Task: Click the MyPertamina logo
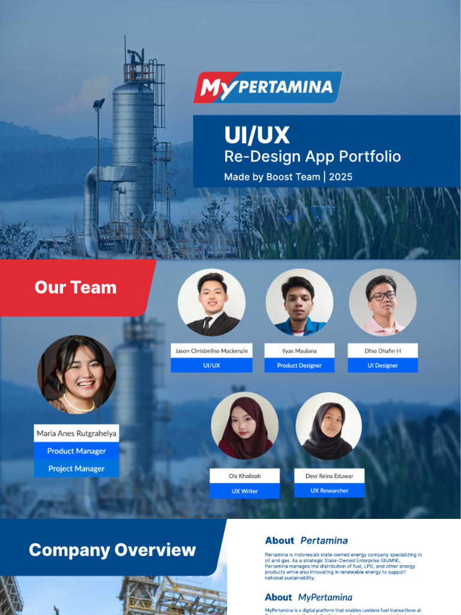[x=267, y=88]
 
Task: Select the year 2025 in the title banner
[x=340, y=177]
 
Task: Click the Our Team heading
[x=76, y=287]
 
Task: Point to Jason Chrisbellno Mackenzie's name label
[x=211, y=351]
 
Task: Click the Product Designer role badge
[x=299, y=365]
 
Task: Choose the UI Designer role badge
[x=382, y=365]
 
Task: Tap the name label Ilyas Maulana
[x=299, y=351]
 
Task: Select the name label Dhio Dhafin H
[x=382, y=351]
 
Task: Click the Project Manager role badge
[x=76, y=468]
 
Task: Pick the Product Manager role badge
[x=76, y=451]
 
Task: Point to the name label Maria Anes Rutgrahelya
[x=76, y=433]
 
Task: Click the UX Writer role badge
[x=244, y=491]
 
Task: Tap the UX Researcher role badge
[x=329, y=490]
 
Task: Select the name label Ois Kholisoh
[x=244, y=476]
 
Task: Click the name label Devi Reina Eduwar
[x=329, y=476]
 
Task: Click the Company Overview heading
[x=112, y=550]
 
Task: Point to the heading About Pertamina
[x=306, y=541]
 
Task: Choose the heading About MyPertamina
[x=309, y=597]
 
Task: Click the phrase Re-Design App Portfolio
[x=312, y=157]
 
